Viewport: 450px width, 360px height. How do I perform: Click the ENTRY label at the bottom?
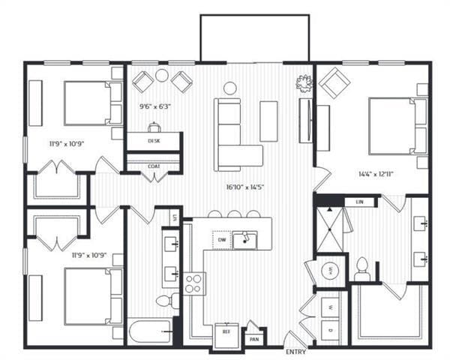click(x=295, y=352)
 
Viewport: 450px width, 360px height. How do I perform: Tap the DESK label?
click(x=154, y=140)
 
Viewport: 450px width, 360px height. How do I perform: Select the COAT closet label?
click(x=154, y=166)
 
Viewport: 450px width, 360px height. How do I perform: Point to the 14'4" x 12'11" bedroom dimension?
click(x=375, y=174)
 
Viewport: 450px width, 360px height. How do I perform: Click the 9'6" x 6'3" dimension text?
click(x=155, y=106)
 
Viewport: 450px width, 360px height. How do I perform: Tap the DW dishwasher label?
click(x=221, y=240)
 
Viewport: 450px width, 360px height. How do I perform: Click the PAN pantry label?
click(x=255, y=339)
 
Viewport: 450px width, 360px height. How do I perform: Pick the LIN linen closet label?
click(x=359, y=202)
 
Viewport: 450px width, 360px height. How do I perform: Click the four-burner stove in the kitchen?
click(x=194, y=283)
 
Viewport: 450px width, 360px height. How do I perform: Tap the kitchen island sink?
click(x=244, y=240)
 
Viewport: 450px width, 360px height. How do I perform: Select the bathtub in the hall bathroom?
click(x=150, y=331)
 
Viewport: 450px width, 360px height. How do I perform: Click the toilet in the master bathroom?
click(x=362, y=268)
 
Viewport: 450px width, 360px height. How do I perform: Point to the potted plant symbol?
click(x=304, y=82)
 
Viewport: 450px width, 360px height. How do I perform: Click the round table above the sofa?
click(x=230, y=88)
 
